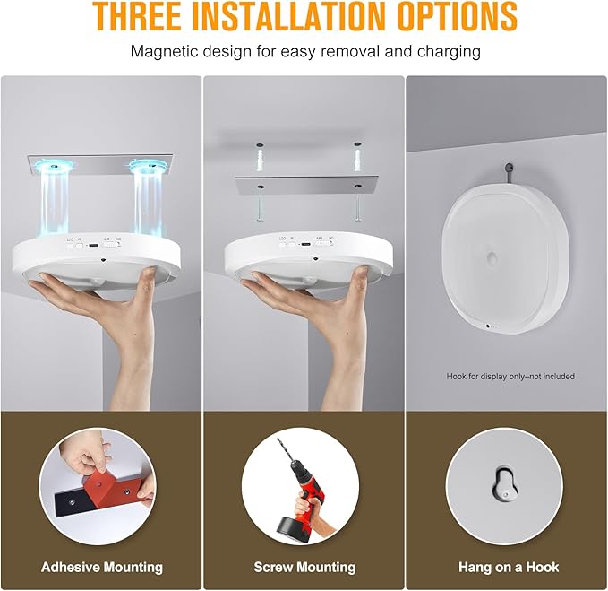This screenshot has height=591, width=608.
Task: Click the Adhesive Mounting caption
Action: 102,567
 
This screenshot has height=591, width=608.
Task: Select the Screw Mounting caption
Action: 304,567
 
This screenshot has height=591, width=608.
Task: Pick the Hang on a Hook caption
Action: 508,567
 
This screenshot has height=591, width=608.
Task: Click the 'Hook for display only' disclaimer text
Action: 510,377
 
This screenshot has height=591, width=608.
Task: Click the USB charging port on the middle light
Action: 306,242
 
